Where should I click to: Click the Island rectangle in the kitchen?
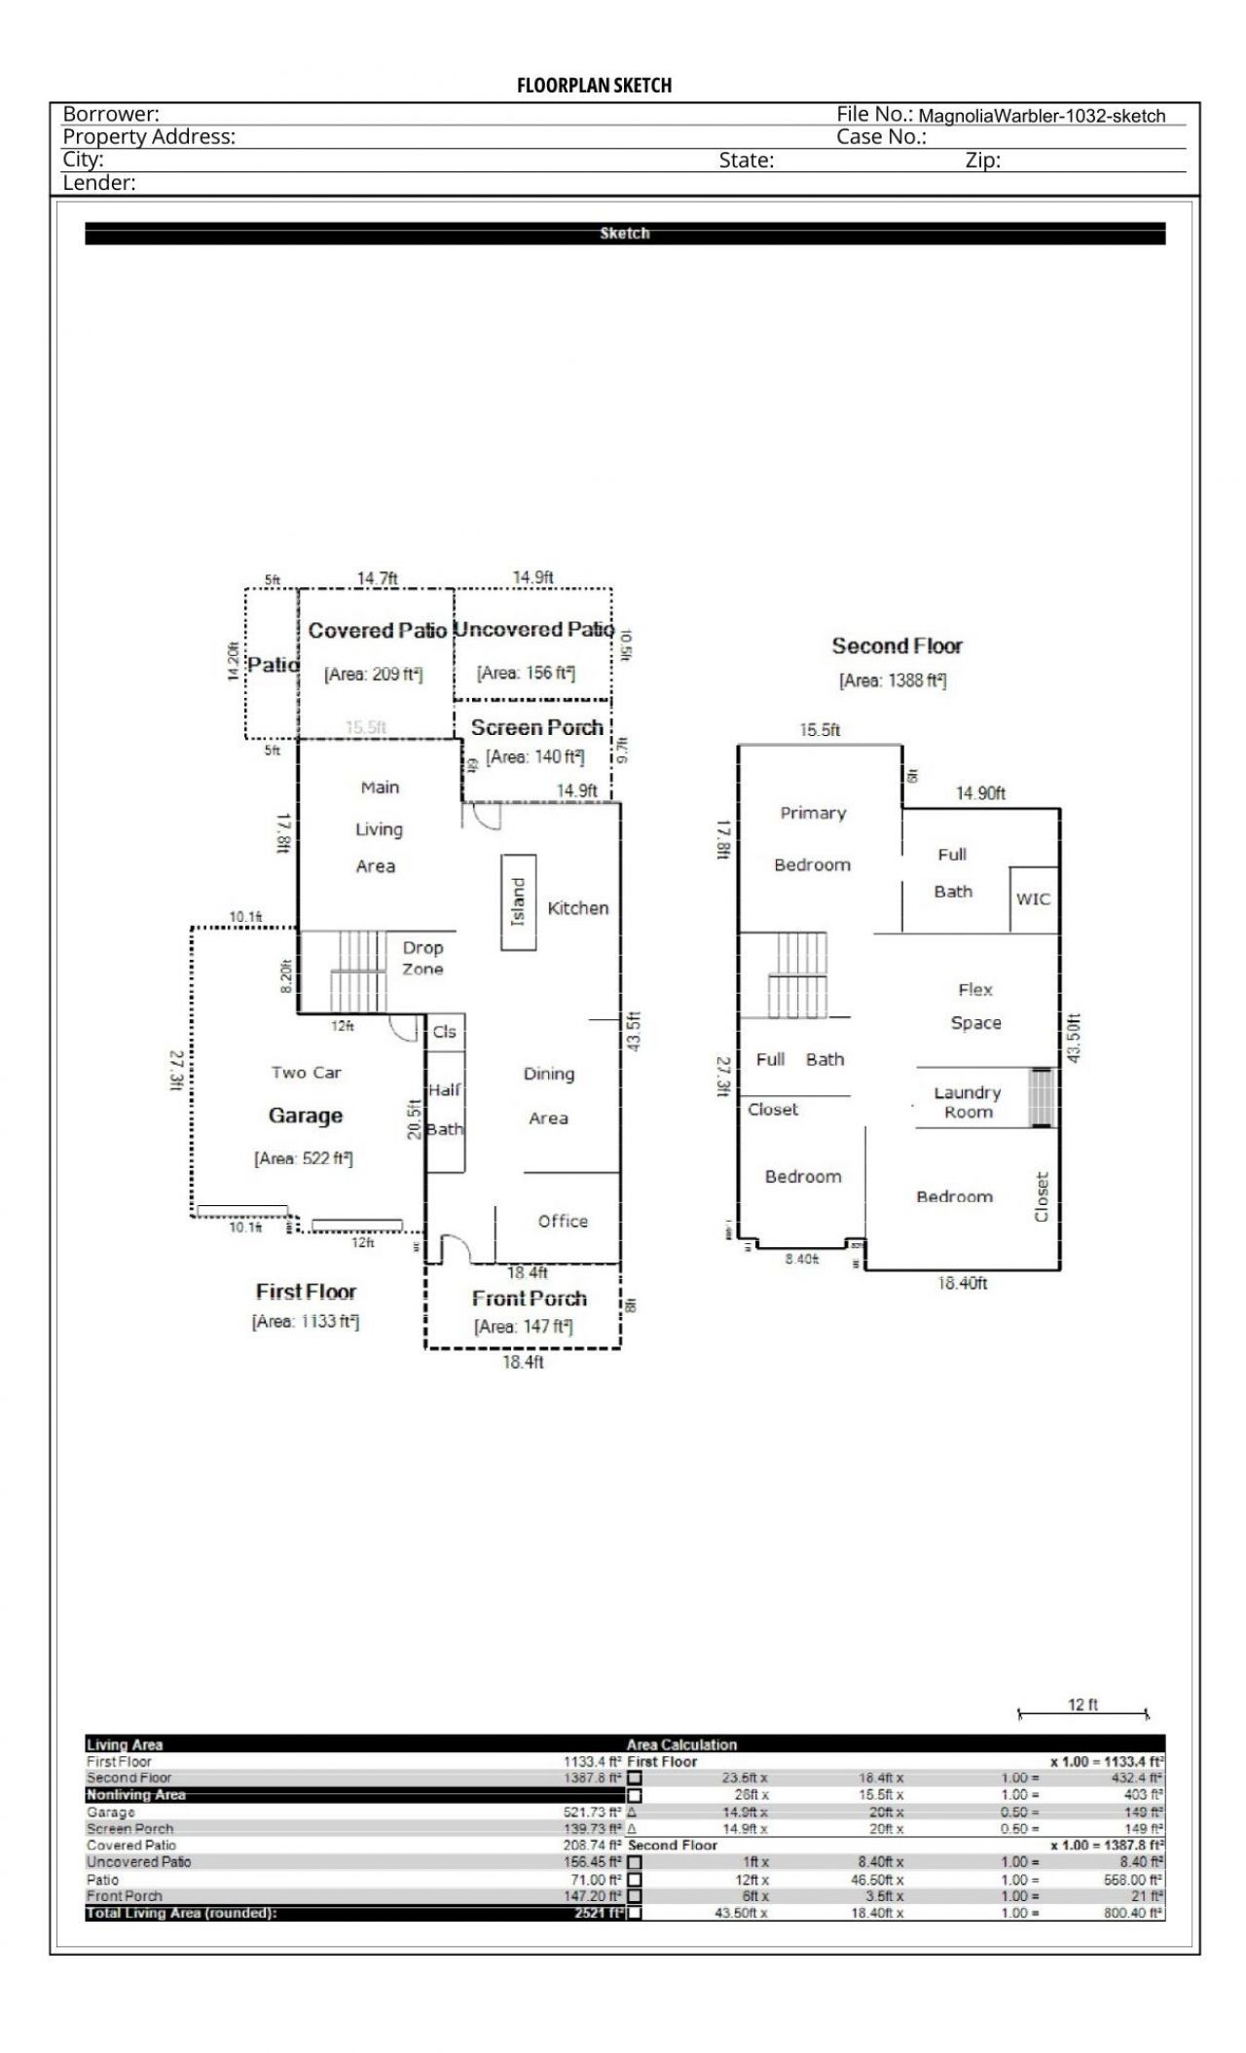pos(518,901)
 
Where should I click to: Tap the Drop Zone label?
pos(422,958)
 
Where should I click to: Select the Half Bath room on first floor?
pos(445,1111)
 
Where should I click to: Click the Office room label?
pos(563,1221)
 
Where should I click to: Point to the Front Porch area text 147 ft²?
pos(524,1326)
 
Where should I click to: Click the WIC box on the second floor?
pos(1033,898)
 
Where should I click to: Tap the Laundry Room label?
pos(967,1102)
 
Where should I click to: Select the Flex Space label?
pos(975,1006)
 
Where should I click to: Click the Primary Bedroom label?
pos(813,838)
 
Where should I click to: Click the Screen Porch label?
pos(536,727)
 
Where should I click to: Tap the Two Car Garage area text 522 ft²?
pos(304,1158)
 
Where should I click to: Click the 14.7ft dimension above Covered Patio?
pos(377,578)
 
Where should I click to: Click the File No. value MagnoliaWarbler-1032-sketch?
pos(1042,116)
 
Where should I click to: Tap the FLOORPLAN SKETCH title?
pos(594,86)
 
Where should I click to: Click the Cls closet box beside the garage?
pos(444,1032)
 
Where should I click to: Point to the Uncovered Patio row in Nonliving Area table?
pos(139,1861)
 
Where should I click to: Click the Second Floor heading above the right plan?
pos(897,645)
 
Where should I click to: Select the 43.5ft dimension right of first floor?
pos(634,1031)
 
